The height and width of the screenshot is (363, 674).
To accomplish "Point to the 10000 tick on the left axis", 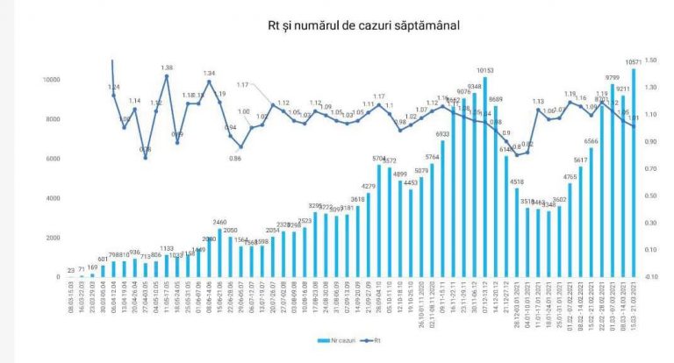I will [x=50, y=79].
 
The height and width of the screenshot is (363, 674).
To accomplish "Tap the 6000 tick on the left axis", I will [x=52, y=159].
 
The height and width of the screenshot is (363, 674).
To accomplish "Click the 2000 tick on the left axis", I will [x=52, y=238].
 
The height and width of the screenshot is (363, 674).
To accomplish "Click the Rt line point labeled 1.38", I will [x=167, y=76].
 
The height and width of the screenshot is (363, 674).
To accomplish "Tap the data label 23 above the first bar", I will [x=71, y=269].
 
